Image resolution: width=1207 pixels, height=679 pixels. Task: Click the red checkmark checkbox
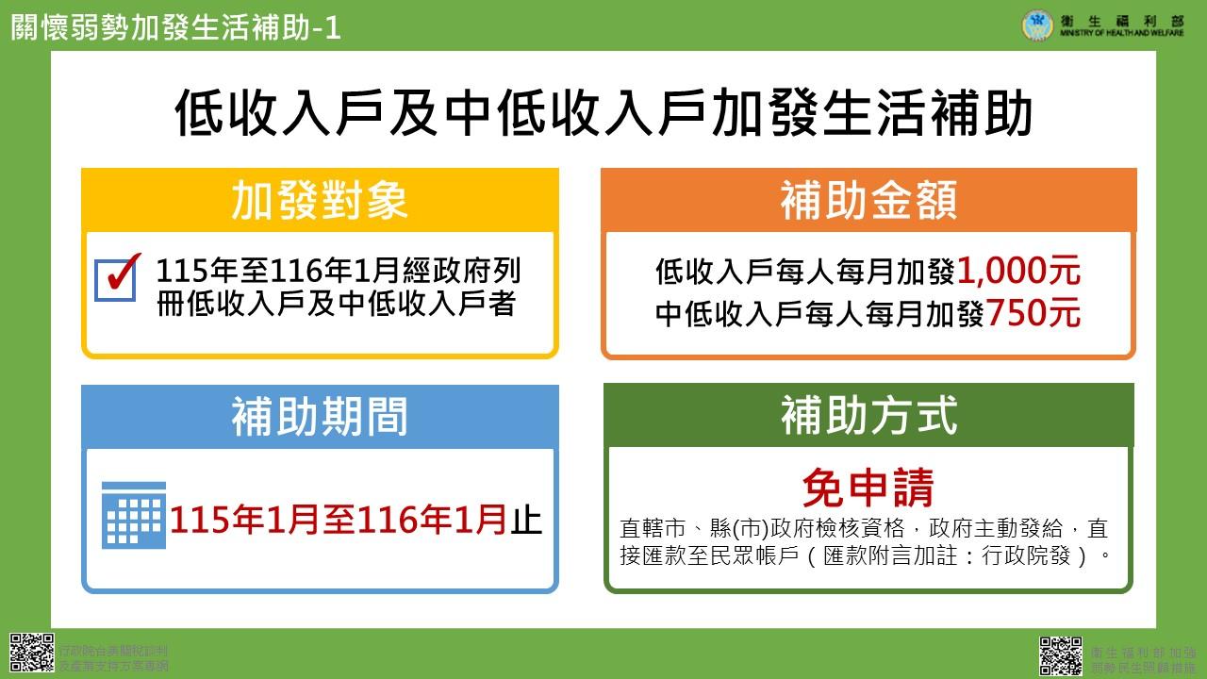point(118,277)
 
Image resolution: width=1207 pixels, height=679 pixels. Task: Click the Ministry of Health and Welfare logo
point(1038,25)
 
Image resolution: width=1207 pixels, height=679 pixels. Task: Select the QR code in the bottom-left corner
point(31,654)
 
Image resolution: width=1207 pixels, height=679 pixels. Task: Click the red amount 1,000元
point(1018,273)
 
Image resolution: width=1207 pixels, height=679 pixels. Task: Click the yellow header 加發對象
point(320,201)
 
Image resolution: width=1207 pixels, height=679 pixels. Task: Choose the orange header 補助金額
point(868,201)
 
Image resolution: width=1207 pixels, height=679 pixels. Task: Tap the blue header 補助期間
point(320,417)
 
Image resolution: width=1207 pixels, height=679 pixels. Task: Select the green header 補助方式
point(868,416)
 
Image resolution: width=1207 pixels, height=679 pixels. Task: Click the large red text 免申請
point(868,489)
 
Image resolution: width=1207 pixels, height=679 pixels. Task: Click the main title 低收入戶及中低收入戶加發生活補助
point(603,115)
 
